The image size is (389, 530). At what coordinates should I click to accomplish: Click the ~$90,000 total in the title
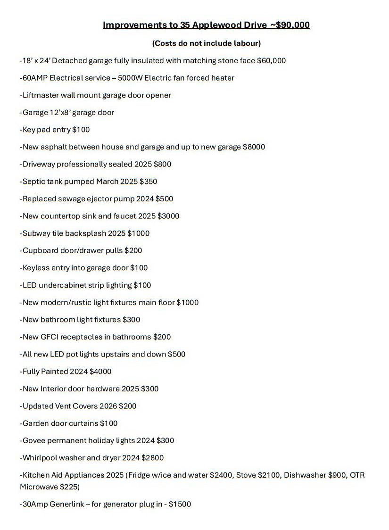(x=290, y=25)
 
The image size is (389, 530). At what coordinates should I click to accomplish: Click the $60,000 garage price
(x=271, y=61)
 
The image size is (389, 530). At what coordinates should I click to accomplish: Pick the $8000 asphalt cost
(x=254, y=147)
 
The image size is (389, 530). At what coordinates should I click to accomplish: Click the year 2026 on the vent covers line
(x=107, y=406)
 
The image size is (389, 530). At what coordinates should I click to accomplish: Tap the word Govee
(x=33, y=440)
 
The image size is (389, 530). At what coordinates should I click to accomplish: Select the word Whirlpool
(x=40, y=458)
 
